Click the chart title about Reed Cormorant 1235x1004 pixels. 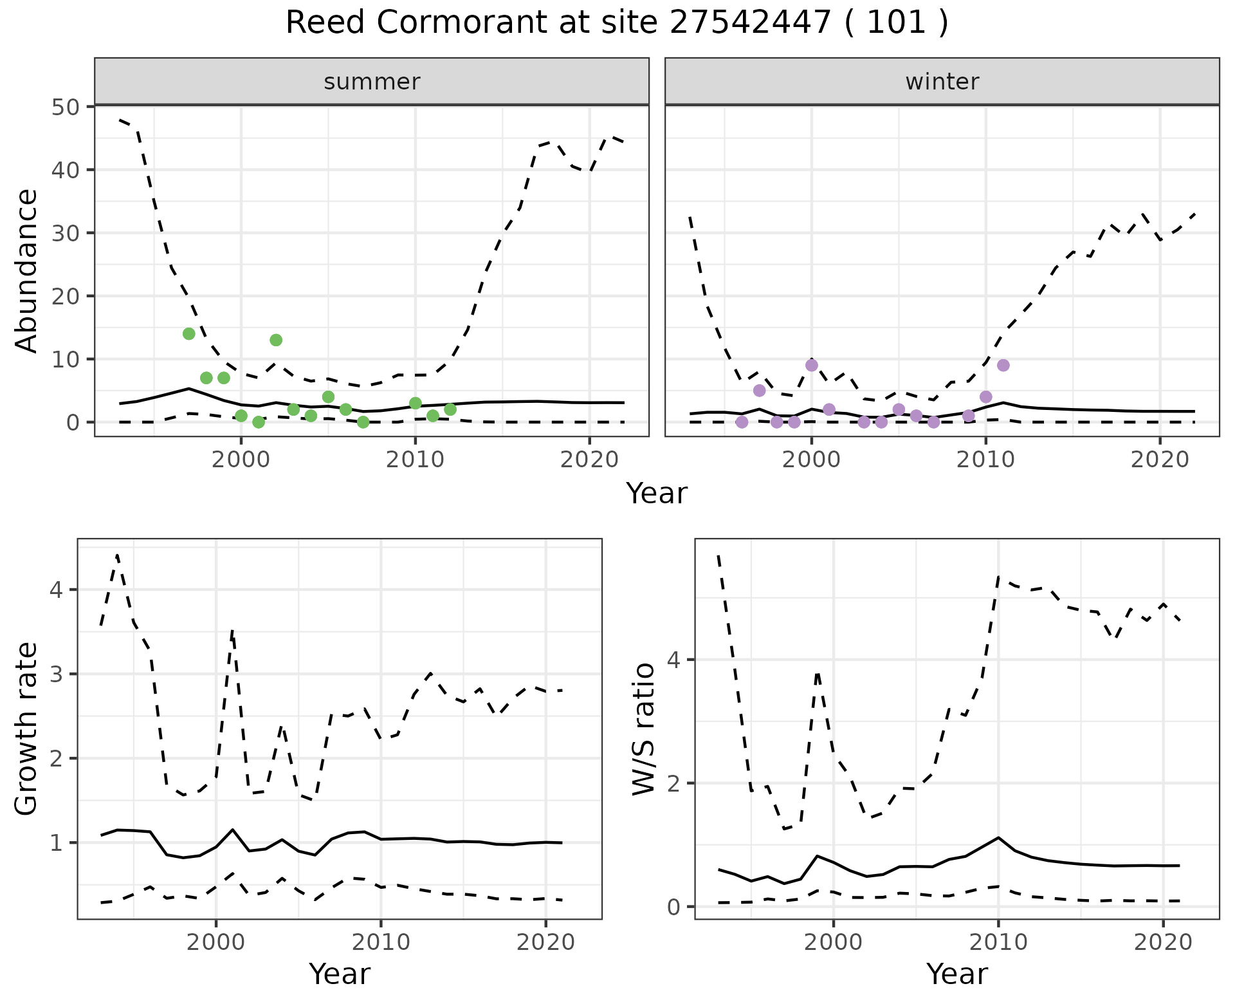[x=617, y=24]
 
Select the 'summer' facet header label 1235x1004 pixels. [x=372, y=82]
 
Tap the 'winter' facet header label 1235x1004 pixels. [x=942, y=82]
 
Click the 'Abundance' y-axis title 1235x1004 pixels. [x=26, y=271]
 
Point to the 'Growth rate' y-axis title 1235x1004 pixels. [x=26, y=729]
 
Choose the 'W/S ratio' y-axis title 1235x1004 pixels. [x=644, y=729]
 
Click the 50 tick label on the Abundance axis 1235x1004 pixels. [x=64, y=107]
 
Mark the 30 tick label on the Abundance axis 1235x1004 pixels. [x=64, y=233]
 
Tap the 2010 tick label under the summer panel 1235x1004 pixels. [x=415, y=460]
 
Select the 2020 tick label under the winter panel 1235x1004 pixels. [x=1160, y=460]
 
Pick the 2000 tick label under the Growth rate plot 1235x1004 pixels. [x=216, y=943]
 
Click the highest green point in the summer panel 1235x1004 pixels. [x=189, y=333]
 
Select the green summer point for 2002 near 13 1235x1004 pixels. [x=276, y=340]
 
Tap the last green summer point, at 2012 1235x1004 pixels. [x=450, y=409]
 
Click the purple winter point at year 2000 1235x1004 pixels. [x=812, y=365]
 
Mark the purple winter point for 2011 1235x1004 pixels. [x=1003, y=365]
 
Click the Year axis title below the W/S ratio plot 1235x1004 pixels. [x=956, y=974]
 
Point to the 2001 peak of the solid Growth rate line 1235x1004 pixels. [x=232, y=830]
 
